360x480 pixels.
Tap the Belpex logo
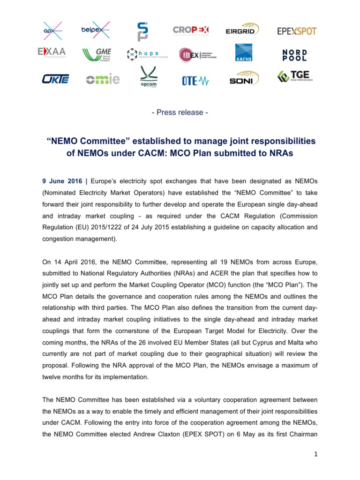point(96,30)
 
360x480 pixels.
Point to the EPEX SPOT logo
point(297,31)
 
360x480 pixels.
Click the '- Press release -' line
point(180,112)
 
